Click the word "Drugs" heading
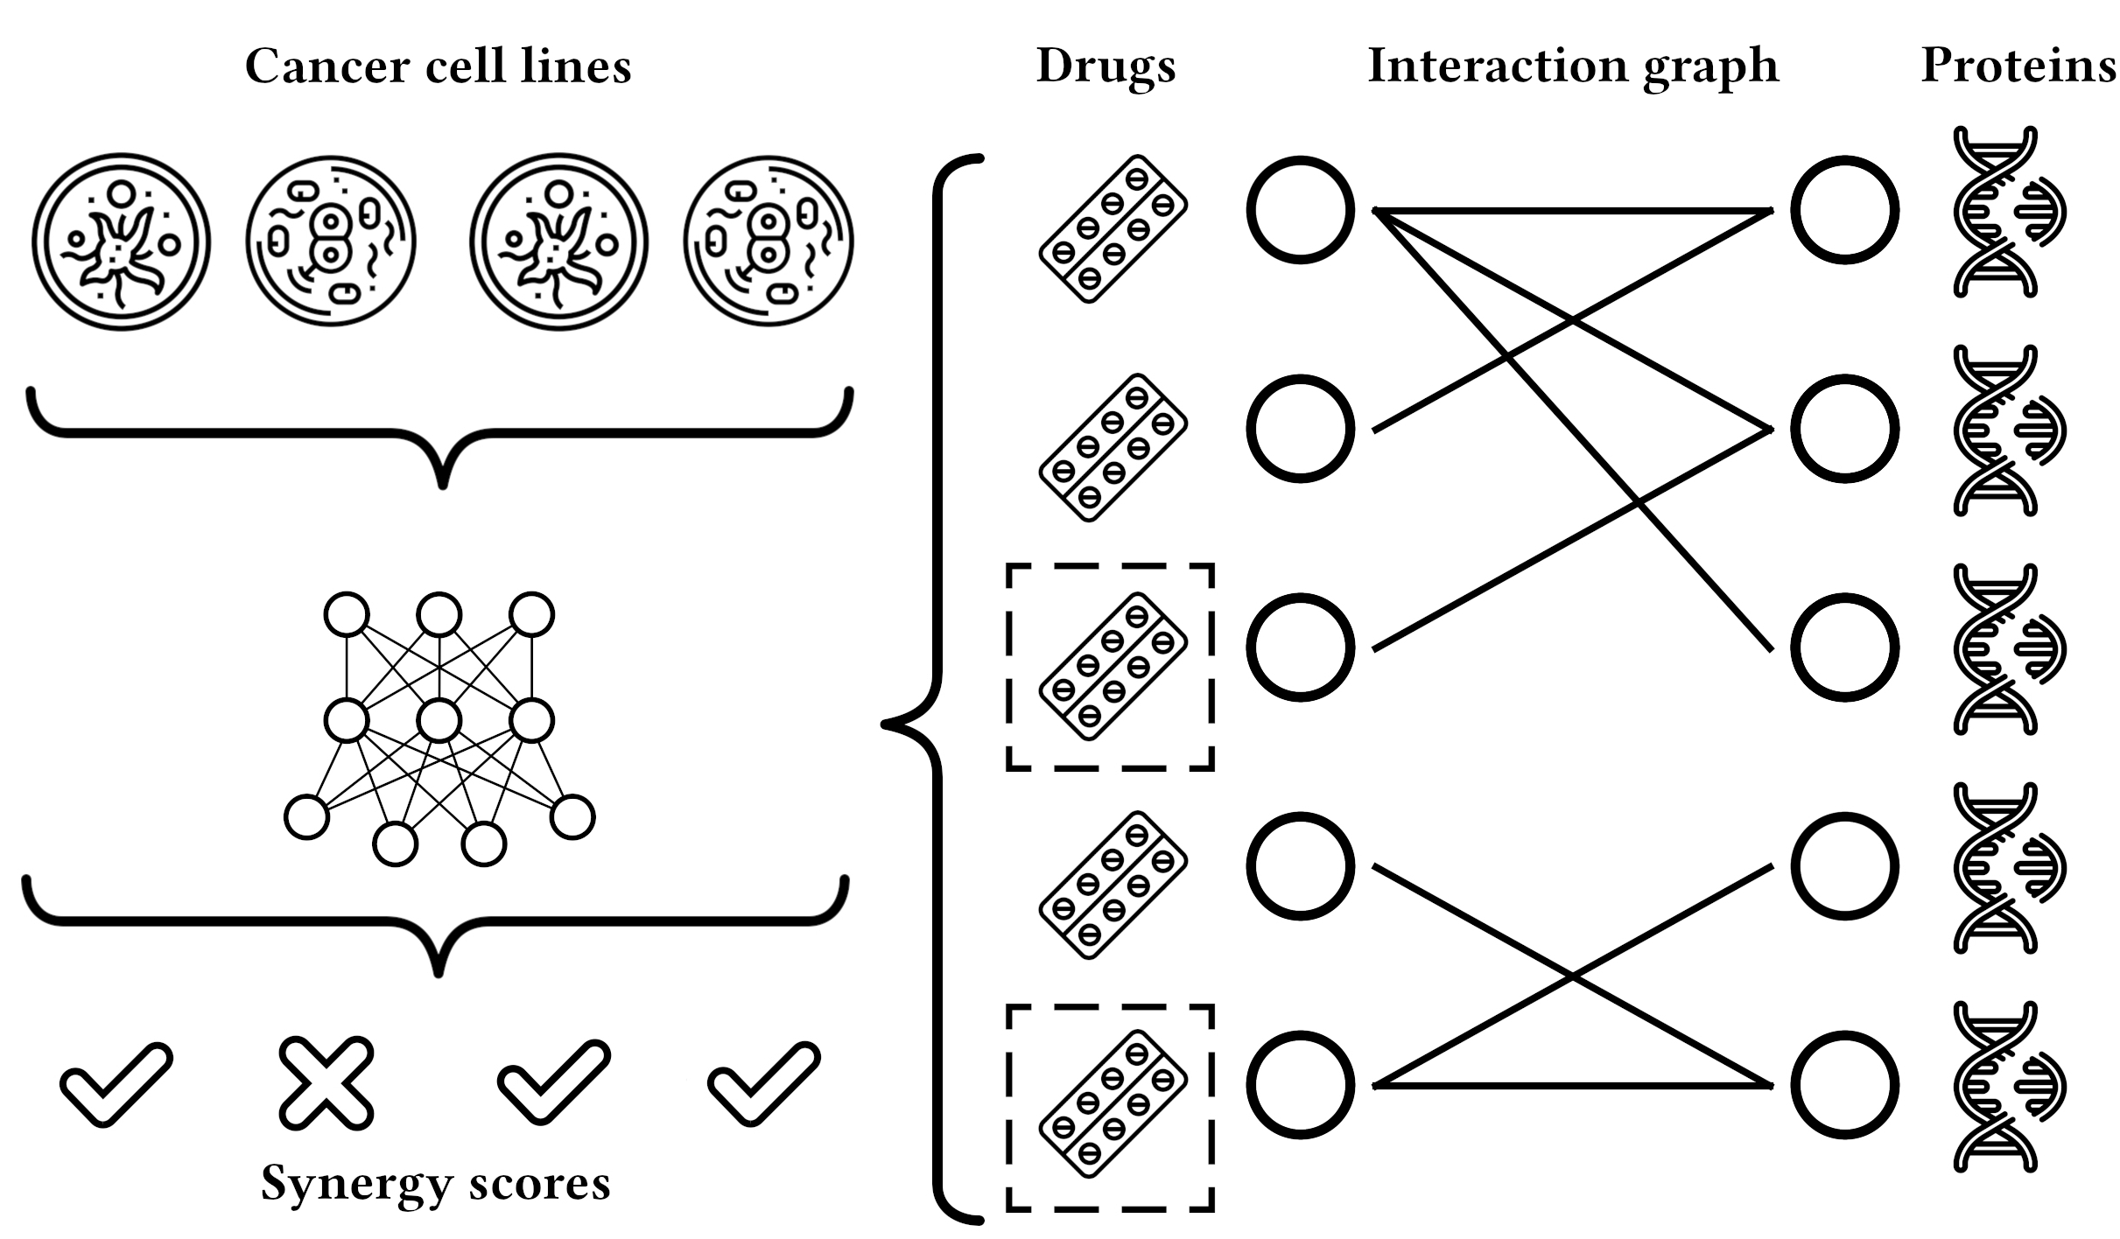tap(1106, 66)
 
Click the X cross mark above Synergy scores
tap(326, 1083)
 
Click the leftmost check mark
tap(116, 1083)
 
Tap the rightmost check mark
tap(763, 1083)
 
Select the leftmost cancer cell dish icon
tap(121, 242)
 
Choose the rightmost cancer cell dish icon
tap(768, 242)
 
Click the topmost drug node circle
tap(1300, 210)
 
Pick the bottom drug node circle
tap(1300, 1085)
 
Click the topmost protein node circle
tap(1844, 210)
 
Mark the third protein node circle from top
tap(1844, 647)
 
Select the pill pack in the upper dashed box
tap(1113, 666)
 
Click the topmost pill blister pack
tap(1113, 229)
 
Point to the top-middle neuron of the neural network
tap(439, 614)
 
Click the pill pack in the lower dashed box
tap(1113, 1103)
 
